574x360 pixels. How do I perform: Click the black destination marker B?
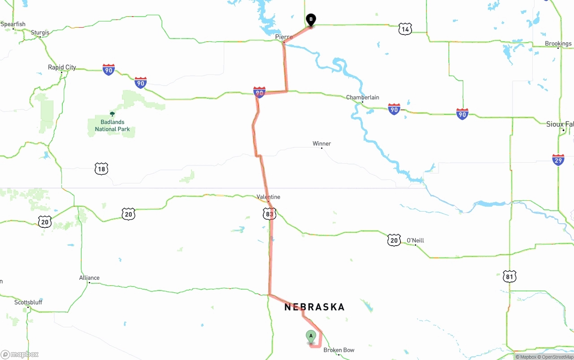click(311, 20)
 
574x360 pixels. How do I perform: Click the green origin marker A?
click(311, 336)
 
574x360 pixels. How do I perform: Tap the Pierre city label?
click(284, 37)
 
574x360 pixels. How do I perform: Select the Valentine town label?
click(268, 197)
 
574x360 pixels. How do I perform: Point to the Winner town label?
click(322, 144)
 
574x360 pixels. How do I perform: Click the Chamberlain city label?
click(362, 97)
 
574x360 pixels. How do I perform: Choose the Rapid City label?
click(62, 67)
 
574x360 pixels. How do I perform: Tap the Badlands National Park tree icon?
click(112, 114)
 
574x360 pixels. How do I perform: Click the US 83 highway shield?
click(269, 214)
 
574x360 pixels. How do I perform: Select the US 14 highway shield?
click(405, 30)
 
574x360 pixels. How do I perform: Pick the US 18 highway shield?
click(101, 169)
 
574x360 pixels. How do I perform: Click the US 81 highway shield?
click(509, 276)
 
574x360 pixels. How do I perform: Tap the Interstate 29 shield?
click(558, 160)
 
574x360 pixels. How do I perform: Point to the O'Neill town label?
click(415, 241)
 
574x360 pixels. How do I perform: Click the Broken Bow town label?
click(339, 350)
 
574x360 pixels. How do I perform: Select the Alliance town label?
click(89, 278)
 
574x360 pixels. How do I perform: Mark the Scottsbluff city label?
click(28, 302)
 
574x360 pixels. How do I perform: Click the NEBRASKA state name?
click(314, 307)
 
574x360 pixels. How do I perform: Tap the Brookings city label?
click(558, 43)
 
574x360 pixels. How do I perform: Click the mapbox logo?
click(20, 355)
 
